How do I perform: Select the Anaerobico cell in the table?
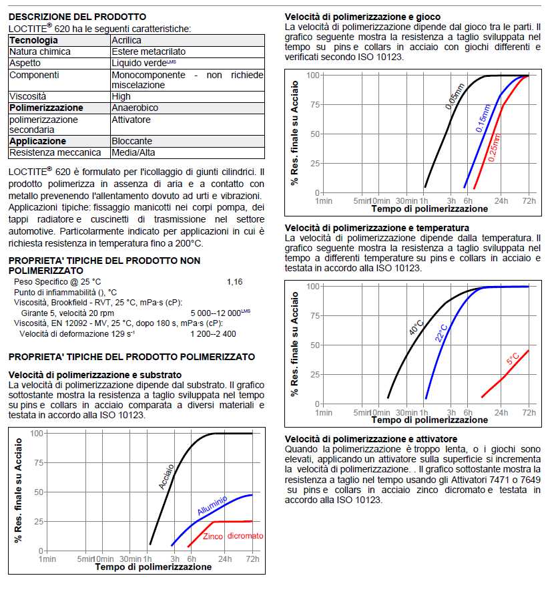pyautogui.click(x=135, y=108)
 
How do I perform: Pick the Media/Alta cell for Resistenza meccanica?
pyautogui.click(x=132, y=152)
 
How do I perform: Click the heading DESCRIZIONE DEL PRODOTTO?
pyautogui.click(x=77, y=17)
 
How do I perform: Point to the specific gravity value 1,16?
pyautogui.click(x=234, y=282)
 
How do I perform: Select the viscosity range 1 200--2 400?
pyautogui.click(x=213, y=333)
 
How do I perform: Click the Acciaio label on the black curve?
pyautogui.click(x=166, y=476)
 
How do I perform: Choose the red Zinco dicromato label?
pyautogui.click(x=233, y=536)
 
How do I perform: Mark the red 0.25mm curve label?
pyautogui.click(x=495, y=148)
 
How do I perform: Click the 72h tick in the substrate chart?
pyautogui.click(x=252, y=559)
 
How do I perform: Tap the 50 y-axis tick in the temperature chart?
pyautogui.click(x=312, y=345)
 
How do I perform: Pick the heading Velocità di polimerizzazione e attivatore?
pyautogui.click(x=370, y=438)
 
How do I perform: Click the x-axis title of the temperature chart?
pyautogui.click(x=429, y=420)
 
